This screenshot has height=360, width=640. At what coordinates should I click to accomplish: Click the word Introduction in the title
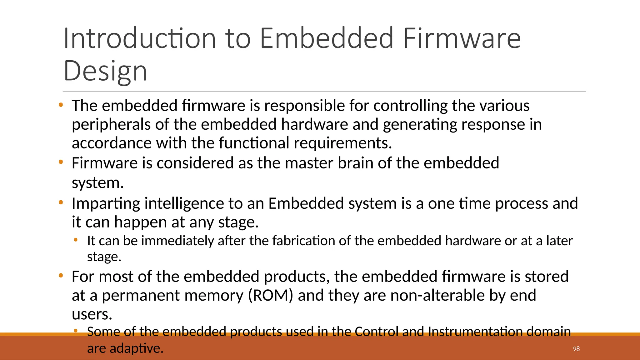140,38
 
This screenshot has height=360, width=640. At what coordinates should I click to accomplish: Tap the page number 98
576,349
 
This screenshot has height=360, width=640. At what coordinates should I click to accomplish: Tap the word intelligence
184,204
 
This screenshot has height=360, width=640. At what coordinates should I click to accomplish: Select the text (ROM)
271,295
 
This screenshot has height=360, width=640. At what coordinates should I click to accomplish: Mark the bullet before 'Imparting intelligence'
61,203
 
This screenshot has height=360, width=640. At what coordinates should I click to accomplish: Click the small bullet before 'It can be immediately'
75,240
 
